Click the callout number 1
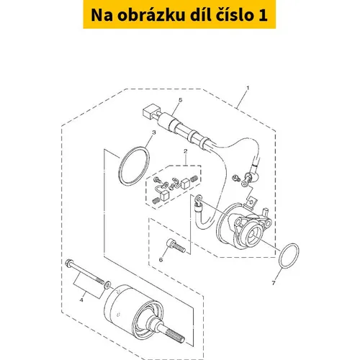(248, 88)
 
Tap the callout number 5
(181, 99)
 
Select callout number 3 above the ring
(154, 132)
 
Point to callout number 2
(185, 151)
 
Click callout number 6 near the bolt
(161, 260)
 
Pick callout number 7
(274, 283)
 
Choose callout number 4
(81, 300)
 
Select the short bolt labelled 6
(176, 246)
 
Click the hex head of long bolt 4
(68, 263)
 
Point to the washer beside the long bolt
(108, 284)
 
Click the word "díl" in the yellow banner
(199, 15)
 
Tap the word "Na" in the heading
(102, 15)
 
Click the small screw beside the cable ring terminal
(235, 178)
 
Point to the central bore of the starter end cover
(253, 233)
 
